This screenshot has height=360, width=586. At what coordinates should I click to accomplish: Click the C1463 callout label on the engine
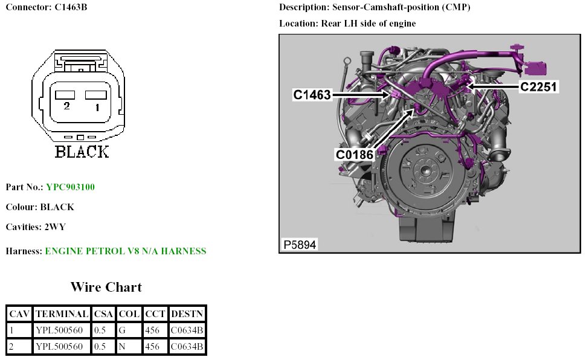[x=312, y=95]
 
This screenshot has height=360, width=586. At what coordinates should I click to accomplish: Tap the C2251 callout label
[x=538, y=86]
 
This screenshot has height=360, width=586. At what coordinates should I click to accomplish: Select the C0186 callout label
[x=354, y=154]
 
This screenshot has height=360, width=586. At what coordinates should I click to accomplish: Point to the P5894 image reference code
[x=300, y=245]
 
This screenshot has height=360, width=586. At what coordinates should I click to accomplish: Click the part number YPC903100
[x=70, y=187]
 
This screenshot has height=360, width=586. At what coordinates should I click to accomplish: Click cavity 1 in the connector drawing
[x=95, y=95]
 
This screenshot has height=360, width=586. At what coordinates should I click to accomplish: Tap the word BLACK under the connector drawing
[x=82, y=152]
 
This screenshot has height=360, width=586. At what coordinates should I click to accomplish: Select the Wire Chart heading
[x=106, y=287]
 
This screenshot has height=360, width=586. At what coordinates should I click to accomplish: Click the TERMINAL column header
[x=62, y=314]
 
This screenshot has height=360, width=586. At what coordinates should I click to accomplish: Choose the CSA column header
[x=103, y=314]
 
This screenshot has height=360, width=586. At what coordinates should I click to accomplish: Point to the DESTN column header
[x=187, y=314]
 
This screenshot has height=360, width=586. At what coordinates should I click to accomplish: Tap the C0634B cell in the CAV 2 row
[x=187, y=347]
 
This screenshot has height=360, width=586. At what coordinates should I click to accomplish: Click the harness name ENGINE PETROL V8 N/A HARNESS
[x=126, y=251]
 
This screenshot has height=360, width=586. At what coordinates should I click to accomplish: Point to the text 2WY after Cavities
[x=55, y=227]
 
